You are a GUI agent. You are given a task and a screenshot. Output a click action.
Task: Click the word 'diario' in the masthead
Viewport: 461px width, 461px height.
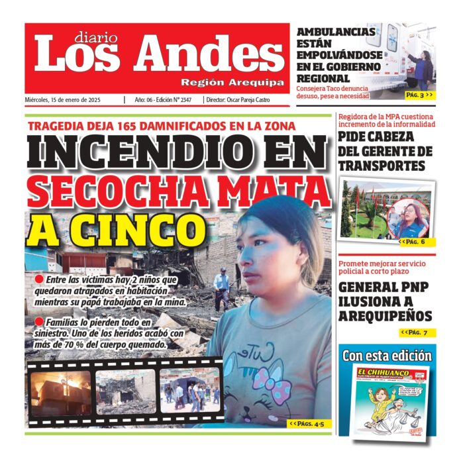point(96,37)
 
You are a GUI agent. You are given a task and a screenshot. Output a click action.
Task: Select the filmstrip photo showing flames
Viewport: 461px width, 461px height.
point(61,391)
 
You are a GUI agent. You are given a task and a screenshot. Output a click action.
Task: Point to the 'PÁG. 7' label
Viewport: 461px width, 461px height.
point(416,332)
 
